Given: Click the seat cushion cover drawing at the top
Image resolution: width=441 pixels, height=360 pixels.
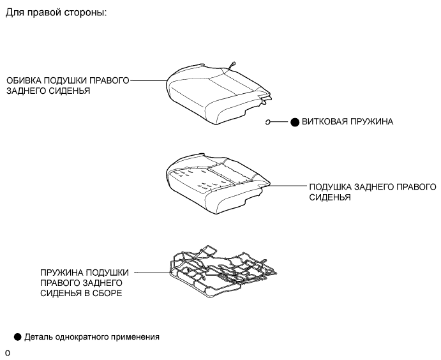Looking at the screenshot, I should tap(217, 93).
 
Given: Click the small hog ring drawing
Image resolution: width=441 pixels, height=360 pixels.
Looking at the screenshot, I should tap(269, 122).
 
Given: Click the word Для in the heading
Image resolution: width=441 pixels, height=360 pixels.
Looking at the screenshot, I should tap(14, 13).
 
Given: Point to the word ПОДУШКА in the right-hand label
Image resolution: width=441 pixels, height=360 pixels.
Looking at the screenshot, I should tap(330, 188).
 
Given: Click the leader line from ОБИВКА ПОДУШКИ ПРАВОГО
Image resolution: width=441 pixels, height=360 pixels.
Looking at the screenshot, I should tap(148, 81).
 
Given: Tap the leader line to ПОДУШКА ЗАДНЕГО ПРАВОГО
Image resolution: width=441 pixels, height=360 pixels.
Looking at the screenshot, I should tap(288, 187).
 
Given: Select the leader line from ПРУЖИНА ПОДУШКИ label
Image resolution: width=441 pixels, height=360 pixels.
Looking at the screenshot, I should tap(153, 273).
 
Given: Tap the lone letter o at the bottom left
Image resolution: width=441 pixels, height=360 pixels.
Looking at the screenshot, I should tap(7, 353).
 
